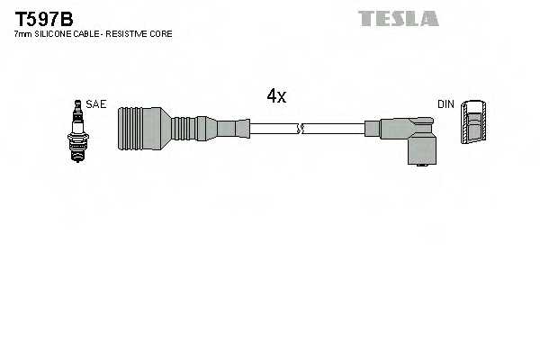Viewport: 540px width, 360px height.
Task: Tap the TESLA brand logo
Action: (398, 18)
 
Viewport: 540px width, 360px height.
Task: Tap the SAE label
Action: (96, 104)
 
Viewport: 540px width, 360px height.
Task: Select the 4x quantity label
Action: (275, 96)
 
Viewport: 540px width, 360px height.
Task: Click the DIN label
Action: (445, 104)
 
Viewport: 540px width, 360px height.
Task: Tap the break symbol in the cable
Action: (303, 130)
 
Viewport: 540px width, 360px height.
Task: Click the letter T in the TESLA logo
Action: (366, 18)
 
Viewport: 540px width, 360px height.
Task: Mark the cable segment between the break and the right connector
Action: (336, 130)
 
